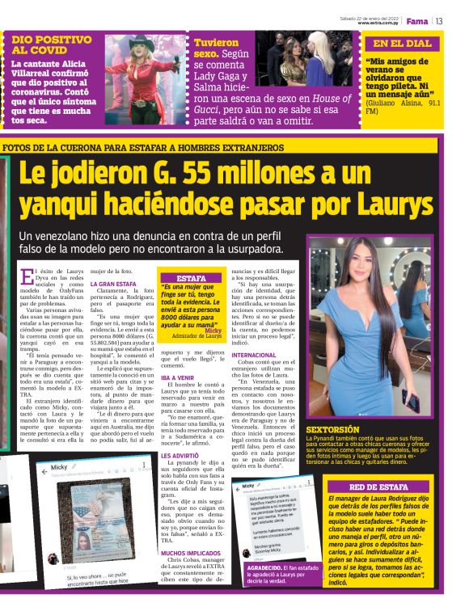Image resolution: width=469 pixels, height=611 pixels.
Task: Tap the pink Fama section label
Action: [x=416, y=20]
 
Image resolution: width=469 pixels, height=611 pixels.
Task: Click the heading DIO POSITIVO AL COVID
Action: [x=51, y=44]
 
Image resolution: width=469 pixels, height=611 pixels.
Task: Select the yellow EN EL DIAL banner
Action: [x=403, y=44]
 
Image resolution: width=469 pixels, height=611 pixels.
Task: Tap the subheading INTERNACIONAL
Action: [x=254, y=355]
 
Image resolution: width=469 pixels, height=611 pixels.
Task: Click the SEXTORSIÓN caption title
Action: [x=332, y=429]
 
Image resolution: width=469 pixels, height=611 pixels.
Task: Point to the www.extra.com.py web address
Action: [x=378, y=23]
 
